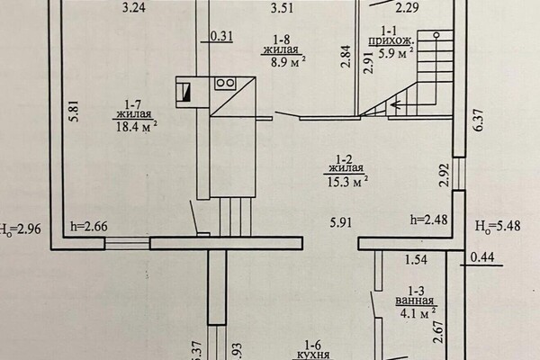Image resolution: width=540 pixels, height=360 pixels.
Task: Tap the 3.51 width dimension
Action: (x=284, y=8)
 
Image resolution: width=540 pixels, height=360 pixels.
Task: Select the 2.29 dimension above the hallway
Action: (x=407, y=8)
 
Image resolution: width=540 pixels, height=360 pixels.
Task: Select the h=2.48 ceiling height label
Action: (x=429, y=219)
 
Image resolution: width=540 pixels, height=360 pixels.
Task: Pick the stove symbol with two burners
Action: (x=225, y=83)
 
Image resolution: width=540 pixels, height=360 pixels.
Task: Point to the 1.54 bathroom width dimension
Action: (x=416, y=261)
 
